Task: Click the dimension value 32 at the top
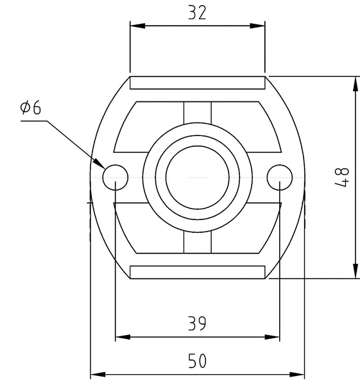click(197, 13)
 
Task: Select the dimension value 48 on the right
click(342, 177)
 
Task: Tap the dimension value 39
click(197, 324)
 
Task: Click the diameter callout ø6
click(30, 107)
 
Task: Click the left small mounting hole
click(115, 176)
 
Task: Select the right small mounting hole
click(280, 176)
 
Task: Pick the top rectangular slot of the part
click(197, 83)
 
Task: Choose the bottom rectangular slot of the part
click(197, 272)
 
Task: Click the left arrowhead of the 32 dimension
click(135, 26)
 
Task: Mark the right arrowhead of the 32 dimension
click(259, 26)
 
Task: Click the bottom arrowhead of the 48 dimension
click(355, 273)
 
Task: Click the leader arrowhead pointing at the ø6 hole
click(100, 166)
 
